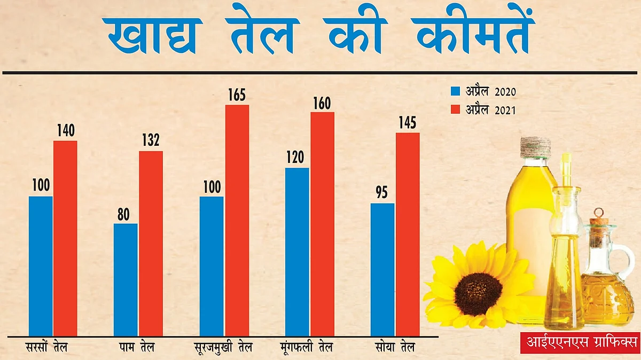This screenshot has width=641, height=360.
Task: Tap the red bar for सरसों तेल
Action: pyautogui.click(x=65, y=238)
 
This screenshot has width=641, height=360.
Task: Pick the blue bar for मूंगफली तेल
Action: pyautogui.click(x=297, y=252)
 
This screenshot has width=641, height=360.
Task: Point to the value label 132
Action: pyautogui.click(x=151, y=141)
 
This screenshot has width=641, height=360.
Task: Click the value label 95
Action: pyautogui.click(x=382, y=193)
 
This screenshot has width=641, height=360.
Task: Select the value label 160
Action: pyautogui.click(x=322, y=103)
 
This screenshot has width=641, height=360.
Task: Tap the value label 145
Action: pyautogui.click(x=408, y=123)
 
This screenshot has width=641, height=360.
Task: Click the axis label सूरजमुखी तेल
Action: pyautogui.click(x=223, y=348)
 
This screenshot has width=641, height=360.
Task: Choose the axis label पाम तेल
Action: pyautogui.click(x=137, y=348)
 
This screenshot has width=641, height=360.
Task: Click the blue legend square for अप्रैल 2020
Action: pyautogui.click(x=456, y=91)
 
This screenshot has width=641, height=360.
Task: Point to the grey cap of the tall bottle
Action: pyautogui.click(x=535, y=147)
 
